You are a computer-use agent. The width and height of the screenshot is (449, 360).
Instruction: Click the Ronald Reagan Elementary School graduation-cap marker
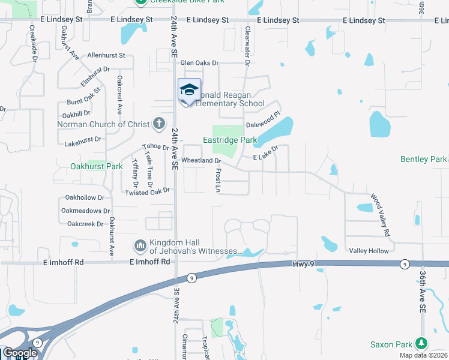coord(190,90)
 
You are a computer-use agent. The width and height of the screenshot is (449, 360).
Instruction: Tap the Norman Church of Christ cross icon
coord(158,124)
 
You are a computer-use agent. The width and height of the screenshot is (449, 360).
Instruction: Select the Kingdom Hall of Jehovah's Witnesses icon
coord(140,245)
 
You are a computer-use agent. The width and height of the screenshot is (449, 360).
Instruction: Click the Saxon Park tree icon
coord(423,344)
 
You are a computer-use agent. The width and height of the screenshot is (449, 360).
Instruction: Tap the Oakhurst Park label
coord(97,166)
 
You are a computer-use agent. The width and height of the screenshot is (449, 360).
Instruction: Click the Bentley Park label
coord(424,159)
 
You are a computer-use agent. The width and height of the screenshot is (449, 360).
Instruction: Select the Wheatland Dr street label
coord(201,161)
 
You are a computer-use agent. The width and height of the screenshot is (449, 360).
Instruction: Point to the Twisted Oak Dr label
coord(148,192)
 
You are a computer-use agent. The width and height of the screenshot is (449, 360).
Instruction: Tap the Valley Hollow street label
coord(369,251)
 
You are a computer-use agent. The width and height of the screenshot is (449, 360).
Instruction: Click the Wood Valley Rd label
coord(381,215)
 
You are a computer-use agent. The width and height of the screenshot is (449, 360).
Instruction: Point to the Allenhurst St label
coord(106,55)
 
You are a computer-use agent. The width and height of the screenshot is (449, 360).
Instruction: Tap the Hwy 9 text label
coord(304,264)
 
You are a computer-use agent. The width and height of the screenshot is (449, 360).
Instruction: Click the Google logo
coord(20,353)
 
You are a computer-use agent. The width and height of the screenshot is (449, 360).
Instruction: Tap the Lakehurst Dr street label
coord(83,144)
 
